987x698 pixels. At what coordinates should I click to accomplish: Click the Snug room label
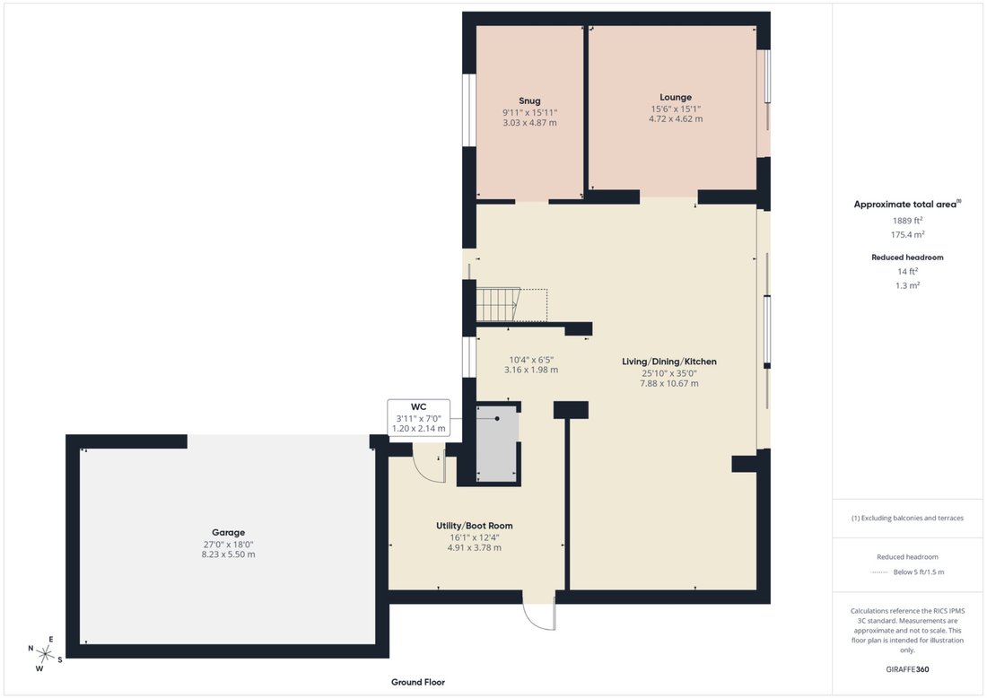click(529, 100)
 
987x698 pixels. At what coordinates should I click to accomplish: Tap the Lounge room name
click(676, 98)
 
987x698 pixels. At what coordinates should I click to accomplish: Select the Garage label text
click(228, 532)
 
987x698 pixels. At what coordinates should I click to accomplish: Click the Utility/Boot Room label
click(475, 526)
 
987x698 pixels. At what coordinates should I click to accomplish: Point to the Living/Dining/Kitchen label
click(669, 362)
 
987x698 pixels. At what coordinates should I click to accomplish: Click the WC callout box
click(419, 417)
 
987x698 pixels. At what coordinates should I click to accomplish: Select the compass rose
click(45, 654)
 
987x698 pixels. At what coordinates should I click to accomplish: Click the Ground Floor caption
click(418, 682)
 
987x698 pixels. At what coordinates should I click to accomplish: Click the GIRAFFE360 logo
click(907, 669)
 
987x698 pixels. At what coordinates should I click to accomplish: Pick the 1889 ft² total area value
click(907, 221)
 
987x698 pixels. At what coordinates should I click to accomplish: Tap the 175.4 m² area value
click(907, 234)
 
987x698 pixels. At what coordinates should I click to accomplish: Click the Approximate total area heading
click(907, 204)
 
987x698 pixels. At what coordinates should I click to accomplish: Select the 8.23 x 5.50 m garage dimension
click(229, 554)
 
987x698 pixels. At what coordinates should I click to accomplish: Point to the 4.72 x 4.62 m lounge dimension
click(676, 118)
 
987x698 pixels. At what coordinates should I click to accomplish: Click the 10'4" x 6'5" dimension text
click(531, 360)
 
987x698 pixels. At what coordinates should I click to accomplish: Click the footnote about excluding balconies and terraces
click(907, 518)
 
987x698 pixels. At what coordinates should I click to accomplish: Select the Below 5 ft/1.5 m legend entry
click(919, 572)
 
